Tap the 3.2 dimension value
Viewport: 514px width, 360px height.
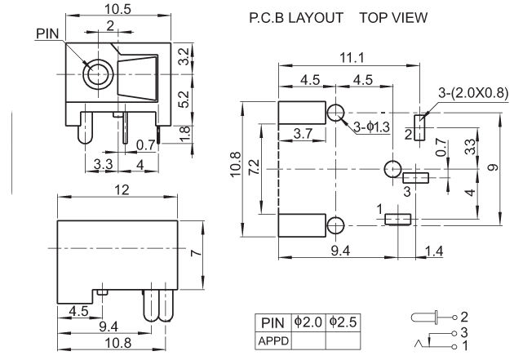pyautogui.click(x=185, y=57)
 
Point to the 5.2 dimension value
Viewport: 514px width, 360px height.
pyautogui.click(x=185, y=100)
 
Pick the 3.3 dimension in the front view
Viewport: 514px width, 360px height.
pyautogui.click(x=104, y=166)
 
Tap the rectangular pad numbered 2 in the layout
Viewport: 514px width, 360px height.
pyautogui.click(x=420, y=127)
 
